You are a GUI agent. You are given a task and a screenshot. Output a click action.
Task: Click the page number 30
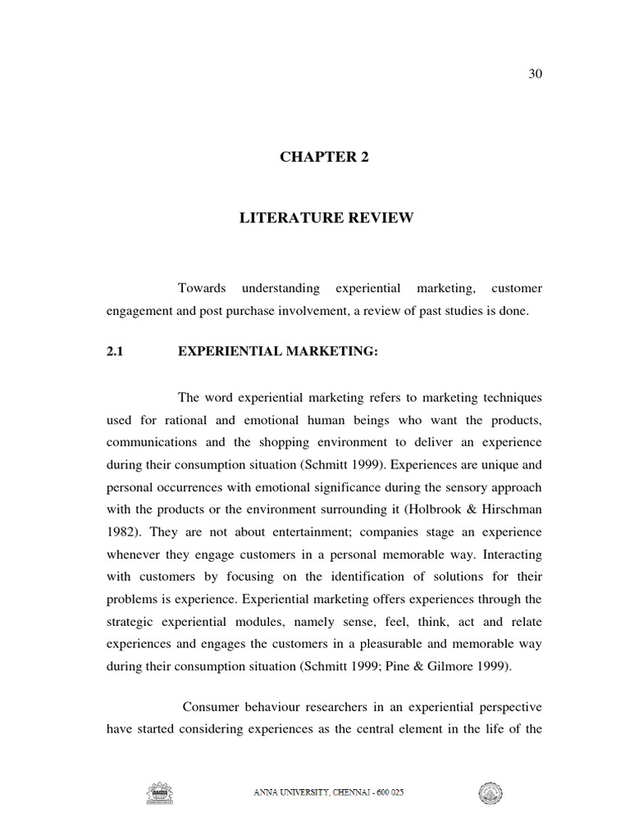click(535, 74)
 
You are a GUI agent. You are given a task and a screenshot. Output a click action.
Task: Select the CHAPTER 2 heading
click(324, 157)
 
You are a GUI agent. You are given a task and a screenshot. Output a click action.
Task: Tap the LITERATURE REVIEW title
click(326, 217)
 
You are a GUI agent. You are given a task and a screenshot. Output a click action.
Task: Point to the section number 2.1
click(114, 352)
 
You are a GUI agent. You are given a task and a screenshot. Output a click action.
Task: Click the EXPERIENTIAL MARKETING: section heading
click(278, 352)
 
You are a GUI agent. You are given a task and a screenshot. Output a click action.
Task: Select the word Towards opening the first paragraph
click(202, 289)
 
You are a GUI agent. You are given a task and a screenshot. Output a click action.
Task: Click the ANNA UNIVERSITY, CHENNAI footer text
click(328, 793)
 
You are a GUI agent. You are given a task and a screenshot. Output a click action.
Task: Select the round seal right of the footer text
click(491, 793)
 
